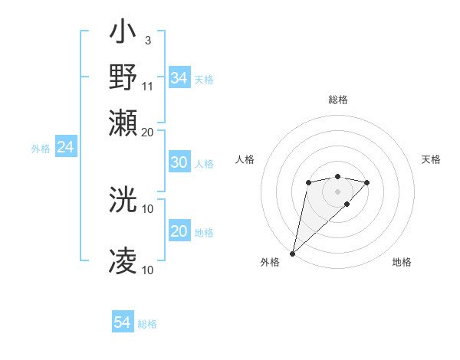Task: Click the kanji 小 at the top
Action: click(x=123, y=34)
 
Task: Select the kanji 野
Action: click(x=123, y=77)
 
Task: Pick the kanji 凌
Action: click(x=123, y=260)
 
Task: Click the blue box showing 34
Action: click(x=179, y=78)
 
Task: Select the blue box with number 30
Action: click(x=179, y=162)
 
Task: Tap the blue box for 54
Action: click(x=123, y=323)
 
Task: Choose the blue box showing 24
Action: click(x=65, y=147)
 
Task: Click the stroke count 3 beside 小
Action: click(x=147, y=40)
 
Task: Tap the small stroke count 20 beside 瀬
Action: click(x=148, y=132)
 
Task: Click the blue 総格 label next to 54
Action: click(x=147, y=324)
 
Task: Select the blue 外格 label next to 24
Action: click(x=41, y=149)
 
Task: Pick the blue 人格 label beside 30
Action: click(x=204, y=164)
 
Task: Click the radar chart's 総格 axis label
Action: click(x=337, y=100)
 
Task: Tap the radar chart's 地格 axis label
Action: click(x=402, y=262)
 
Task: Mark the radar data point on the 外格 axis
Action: click(x=292, y=253)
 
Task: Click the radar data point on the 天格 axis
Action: click(x=367, y=182)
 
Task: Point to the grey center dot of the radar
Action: click(x=337, y=191)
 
